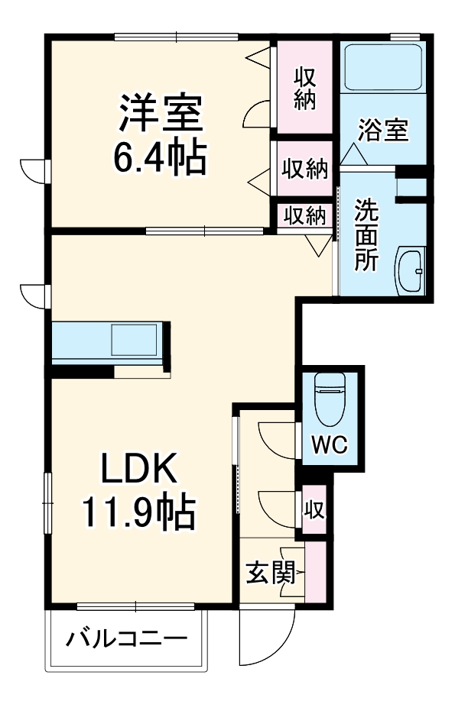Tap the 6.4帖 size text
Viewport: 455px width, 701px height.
click(x=160, y=158)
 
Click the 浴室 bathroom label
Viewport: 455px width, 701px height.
click(x=383, y=130)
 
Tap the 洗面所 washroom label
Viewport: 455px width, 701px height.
click(x=366, y=234)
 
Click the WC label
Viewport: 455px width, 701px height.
click(x=330, y=444)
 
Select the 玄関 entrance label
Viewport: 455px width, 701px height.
click(x=271, y=572)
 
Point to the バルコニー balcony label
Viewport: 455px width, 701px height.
click(x=127, y=639)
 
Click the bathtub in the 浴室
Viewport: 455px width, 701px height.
click(x=383, y=67)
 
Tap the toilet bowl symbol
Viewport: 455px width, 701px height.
click(x=330, y=399)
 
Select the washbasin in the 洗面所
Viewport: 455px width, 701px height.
click(x=410, y=270)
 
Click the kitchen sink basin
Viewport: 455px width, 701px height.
click(x=134, y=340)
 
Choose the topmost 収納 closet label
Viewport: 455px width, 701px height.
click(x=305, y=88)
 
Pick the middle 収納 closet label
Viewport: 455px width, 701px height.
click(x=305, y=169)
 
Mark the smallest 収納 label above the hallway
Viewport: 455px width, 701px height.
click(x=305, y=216)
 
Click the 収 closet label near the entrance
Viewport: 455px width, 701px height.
click(x=314, y=509)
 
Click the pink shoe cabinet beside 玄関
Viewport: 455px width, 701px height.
click(x=315, y=572)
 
